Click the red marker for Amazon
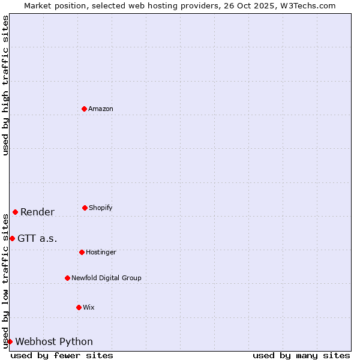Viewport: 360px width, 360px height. point(84,109)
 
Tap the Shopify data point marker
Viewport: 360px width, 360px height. point(85,208)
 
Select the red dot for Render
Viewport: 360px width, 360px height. point(15,212)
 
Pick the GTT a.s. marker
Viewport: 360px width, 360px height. point(12,238)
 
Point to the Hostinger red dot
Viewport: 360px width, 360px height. point(82,252)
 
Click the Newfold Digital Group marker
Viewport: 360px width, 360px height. point(67,278)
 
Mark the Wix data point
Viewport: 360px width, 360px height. point(79,307)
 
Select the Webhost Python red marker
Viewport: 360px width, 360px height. point(10,341)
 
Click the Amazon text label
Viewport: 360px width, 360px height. point(101,109)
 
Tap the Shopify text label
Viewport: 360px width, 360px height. point(101,208)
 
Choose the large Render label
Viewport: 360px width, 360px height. point(37,212)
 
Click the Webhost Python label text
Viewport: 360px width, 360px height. point(54,341)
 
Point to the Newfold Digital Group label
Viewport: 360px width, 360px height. point(106,278)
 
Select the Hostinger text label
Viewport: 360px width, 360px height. point(101,252)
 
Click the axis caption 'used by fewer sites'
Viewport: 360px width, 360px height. point(62,355)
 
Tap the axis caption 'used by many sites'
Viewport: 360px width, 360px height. point(301,355)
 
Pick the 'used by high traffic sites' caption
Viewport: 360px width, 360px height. point(5,85)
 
